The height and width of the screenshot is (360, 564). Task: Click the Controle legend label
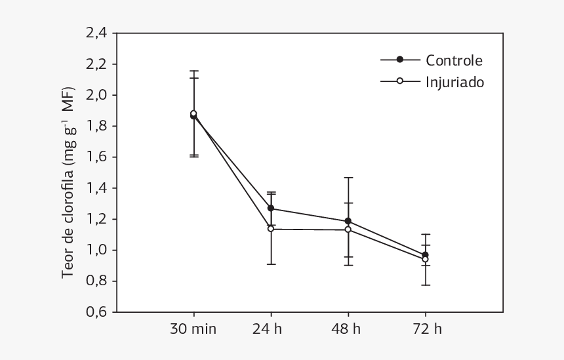[454, 60]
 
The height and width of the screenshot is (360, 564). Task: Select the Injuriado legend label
[455, 83]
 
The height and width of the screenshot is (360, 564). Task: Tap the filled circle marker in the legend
[400, 60]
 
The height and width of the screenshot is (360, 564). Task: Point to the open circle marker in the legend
[400, 81]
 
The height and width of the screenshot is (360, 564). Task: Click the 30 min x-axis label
[193, 329]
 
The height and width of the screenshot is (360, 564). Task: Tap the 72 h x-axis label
[427, 329]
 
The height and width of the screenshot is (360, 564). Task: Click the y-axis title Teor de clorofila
[68, 184]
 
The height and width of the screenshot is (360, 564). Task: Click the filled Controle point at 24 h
[271, 209]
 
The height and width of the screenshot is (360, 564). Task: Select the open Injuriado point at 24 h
[271, 229]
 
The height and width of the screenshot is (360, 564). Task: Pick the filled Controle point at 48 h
[348, 221]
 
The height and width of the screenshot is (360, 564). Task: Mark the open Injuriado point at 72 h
[425, 259]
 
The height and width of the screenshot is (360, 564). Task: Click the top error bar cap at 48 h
[348, 178]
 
